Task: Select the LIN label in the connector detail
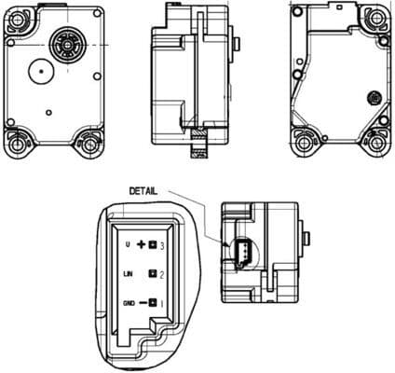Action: (129, 274)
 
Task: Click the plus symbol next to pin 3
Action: (143, 244)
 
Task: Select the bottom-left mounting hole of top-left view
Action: (16, 144)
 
